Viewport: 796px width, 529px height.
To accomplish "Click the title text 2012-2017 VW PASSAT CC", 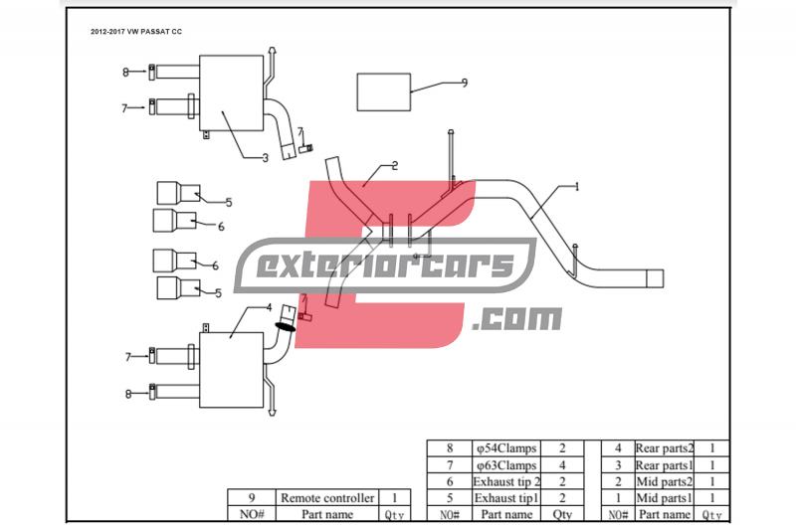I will point(136,32).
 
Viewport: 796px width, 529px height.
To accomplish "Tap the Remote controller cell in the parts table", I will point(327,498).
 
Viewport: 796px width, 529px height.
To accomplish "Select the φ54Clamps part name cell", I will point(505,449).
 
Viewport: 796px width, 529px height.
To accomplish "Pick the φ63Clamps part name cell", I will point(505,465).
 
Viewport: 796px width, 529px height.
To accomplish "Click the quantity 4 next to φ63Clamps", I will point(562,465).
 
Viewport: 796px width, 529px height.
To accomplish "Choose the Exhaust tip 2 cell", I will point(505,481).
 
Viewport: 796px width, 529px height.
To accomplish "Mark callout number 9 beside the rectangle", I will point(464,84).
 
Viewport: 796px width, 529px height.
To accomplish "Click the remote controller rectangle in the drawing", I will point(384,92).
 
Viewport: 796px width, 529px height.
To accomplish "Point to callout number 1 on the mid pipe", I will point(576,186).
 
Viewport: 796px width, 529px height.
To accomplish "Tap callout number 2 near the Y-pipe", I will point(395,165).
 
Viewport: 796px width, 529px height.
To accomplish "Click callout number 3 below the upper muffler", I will point(265,157).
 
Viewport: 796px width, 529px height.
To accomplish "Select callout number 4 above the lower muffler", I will point(269,307).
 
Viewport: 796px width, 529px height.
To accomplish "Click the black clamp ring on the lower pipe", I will point(286,325).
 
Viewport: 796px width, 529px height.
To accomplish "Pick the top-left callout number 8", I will point(125,72).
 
